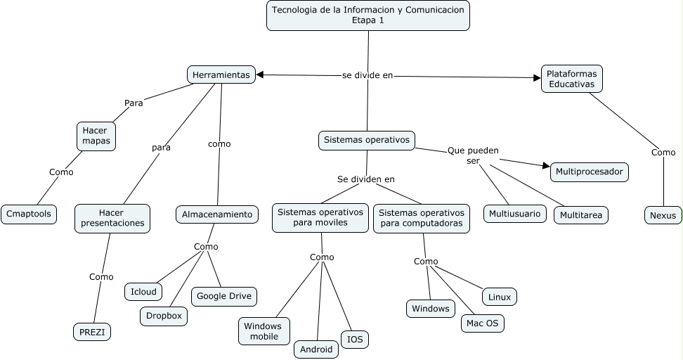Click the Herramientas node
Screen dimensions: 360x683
221,75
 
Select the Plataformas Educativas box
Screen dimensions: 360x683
572,79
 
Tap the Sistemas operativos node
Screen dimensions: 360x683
366,140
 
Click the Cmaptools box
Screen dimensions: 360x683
29,214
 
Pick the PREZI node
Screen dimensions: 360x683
92,331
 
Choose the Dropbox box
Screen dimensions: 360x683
164,316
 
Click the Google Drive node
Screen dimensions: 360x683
223,296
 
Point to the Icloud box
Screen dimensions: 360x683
143,291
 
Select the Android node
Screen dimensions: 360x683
316,349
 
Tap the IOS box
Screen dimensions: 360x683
355,340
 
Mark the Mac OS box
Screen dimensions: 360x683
482,323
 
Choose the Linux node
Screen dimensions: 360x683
500,297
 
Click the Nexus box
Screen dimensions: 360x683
663,215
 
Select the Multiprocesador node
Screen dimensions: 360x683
589,172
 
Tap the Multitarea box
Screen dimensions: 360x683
580,215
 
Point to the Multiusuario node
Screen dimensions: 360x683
515,213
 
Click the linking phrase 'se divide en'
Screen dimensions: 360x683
367,75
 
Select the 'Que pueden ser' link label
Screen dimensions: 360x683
473,155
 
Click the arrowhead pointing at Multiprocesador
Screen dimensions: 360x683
546,167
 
